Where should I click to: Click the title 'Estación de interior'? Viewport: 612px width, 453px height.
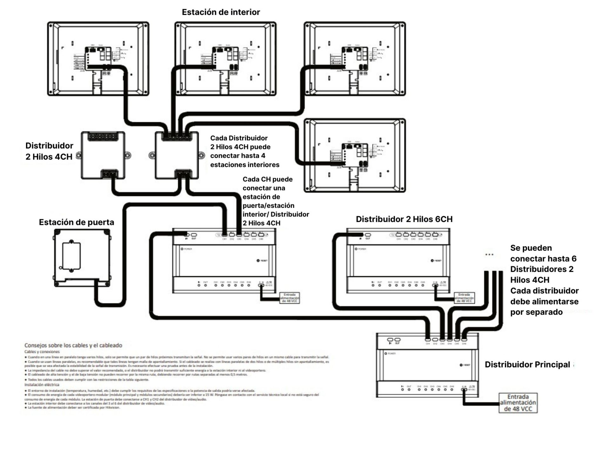click(221, 12)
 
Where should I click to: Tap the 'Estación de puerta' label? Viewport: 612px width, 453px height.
click(76, 222)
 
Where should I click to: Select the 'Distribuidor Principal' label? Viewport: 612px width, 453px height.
click(527, 365)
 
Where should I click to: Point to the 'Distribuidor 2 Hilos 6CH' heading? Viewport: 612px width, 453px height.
click(404, 219)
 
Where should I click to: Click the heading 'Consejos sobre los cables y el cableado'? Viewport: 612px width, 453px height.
click(73, 345)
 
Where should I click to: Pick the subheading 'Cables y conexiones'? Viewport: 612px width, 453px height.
click(42, 352)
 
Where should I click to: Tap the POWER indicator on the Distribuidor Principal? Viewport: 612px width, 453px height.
click(386, 353)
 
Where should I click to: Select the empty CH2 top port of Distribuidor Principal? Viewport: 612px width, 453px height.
click(435, 340)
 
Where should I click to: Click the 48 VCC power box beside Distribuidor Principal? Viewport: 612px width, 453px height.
click(518, 403)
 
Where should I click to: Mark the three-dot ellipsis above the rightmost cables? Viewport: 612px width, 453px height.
click(489, 254)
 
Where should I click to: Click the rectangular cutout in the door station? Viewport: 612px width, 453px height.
click(71, 256)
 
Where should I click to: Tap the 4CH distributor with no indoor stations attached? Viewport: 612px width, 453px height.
click(103, 155)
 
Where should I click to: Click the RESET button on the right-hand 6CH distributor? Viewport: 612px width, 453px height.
click(432, 261)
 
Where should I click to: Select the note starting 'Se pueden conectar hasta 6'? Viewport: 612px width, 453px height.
click(544, 280)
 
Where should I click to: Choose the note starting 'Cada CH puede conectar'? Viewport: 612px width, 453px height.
click(276, 201)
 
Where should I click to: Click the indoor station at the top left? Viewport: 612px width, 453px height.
click(98, 59)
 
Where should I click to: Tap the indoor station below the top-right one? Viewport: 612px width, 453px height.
click(355, 155)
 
